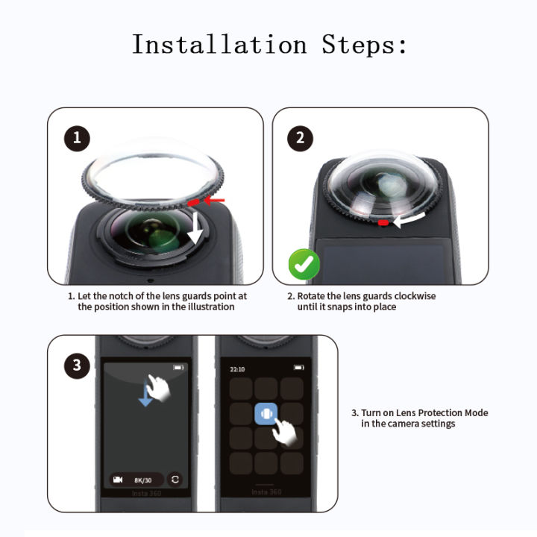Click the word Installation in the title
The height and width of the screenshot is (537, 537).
click(219, 45)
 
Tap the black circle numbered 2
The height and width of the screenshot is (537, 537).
click(301, 138)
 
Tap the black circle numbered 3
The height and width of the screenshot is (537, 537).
click(77, 365)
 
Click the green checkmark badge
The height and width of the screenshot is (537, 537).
click(304, 265)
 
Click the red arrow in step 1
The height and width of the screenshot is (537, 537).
click(215, 200)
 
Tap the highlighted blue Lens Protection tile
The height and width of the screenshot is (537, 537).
click(266, 414)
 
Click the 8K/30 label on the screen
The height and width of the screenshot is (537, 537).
click(142, 480)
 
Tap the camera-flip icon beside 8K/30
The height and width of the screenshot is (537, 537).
click(175, 480)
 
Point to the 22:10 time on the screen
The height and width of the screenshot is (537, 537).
click(237, 368)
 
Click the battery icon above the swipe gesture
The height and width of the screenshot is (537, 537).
click(178, 368)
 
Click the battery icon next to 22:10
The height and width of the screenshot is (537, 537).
click(298, 368)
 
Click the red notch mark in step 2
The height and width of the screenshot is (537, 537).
click(383, 222)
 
